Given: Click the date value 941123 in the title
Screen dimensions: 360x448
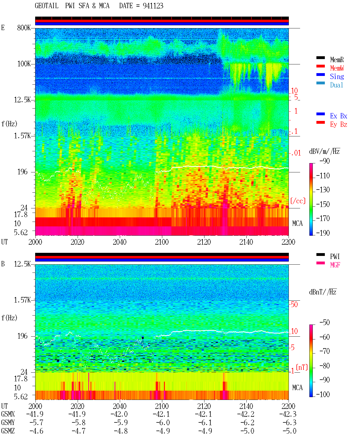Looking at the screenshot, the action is point(153,6).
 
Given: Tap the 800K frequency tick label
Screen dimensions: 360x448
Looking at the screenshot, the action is point(24,28).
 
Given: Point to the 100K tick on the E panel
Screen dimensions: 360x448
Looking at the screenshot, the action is point(24,64).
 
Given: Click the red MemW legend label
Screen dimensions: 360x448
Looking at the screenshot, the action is point(337,68).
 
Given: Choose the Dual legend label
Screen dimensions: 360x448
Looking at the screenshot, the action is point(336,85).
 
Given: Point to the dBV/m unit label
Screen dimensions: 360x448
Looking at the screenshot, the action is point(324,151).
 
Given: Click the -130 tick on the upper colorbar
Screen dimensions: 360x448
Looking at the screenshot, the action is point(323,190).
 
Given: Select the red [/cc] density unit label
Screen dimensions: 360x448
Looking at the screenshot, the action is point(298,201).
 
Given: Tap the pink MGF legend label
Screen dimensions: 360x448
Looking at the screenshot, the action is point(335,265).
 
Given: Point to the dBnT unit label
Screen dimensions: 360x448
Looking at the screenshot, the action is point(323,292).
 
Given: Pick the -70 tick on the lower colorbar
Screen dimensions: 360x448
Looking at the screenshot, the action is point(325,351).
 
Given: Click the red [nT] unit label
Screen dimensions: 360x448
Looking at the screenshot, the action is point(302,367).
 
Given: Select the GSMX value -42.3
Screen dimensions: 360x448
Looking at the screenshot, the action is point(288,414).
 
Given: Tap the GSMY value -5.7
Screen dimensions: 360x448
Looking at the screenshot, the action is point(36,422).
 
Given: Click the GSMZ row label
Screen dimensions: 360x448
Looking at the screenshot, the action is point(8,431).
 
